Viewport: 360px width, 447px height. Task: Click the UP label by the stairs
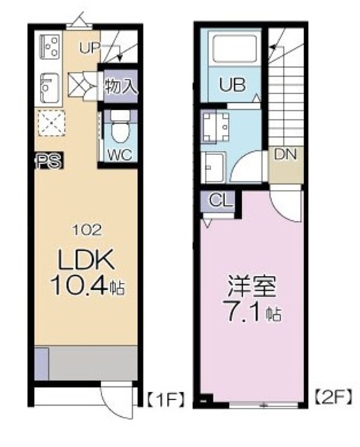[x=89, y=48]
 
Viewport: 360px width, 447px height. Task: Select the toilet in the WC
[x=120, y=128]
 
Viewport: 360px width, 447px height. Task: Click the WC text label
[x=120, y=155]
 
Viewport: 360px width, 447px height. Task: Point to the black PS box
[x=49, y=161]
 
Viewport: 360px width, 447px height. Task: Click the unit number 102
[x=87, y=230]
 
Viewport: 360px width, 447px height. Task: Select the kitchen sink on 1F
[x=50, y=89]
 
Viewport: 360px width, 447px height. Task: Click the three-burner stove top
[x=51, y=45]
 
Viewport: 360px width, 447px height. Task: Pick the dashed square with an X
[x=51, y=123]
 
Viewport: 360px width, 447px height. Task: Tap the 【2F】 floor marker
[x=333, y=397]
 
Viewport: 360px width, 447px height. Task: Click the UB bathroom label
[x=232, y=85]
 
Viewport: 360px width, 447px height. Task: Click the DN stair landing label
[x=285, y=154]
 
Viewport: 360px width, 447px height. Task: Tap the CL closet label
[x=220, y=200]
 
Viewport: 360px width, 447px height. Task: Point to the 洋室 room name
[x=252, y=287]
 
